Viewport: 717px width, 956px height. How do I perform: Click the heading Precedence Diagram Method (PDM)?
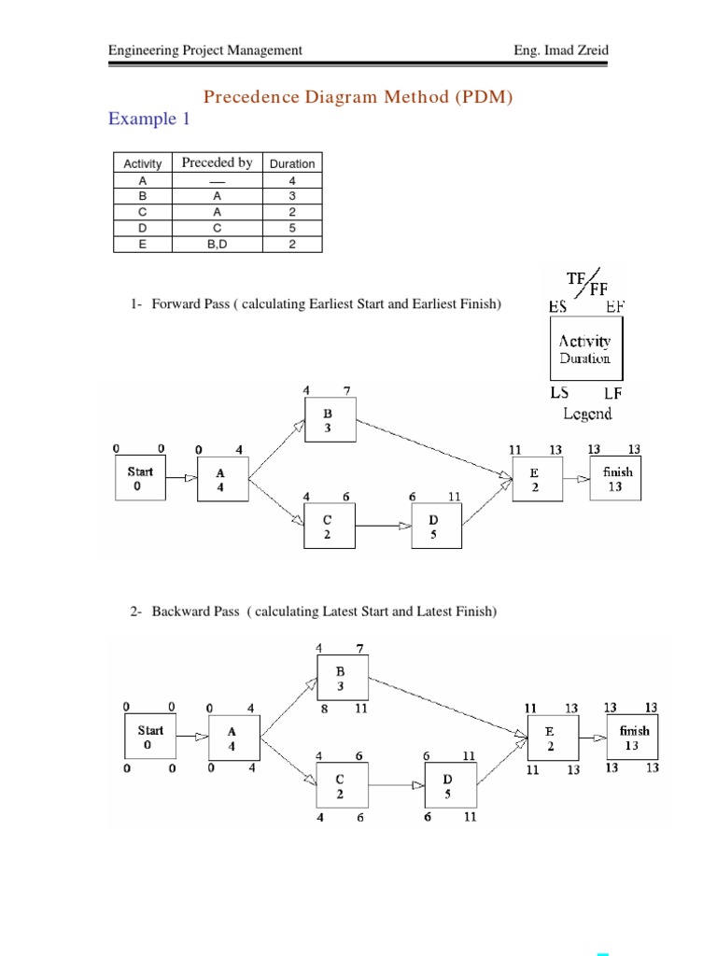point(358,97)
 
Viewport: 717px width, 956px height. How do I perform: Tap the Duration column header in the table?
point(292,163)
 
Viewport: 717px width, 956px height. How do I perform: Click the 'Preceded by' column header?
point(217,162)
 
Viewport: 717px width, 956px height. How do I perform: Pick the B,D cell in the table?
point(217,245)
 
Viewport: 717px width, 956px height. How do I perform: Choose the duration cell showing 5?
point(292,228)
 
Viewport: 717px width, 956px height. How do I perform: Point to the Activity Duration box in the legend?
point(585,349)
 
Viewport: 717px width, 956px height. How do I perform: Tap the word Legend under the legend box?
point(587,413)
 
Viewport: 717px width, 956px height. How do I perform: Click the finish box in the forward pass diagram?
point(617,479)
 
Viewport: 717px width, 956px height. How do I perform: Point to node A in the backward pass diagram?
point(232,740)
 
